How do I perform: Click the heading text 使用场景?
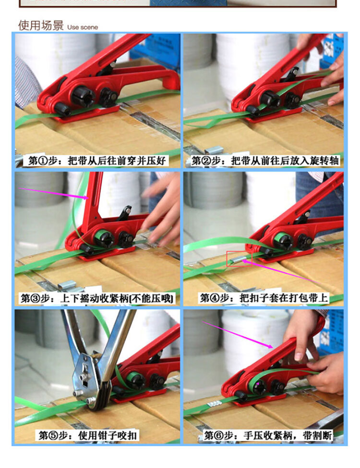tap(41, 25)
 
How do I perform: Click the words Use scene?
tap(83, 27)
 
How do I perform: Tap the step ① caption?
tap(97, 161)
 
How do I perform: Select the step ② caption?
tap(265, 161)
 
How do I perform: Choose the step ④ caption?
tap(264, 298)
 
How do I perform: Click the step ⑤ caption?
tap(87, 435)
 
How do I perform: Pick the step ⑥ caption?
tap(268, 435)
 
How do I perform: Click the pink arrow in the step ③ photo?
tap(54, 193)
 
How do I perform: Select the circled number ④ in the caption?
tap(215, 298)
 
